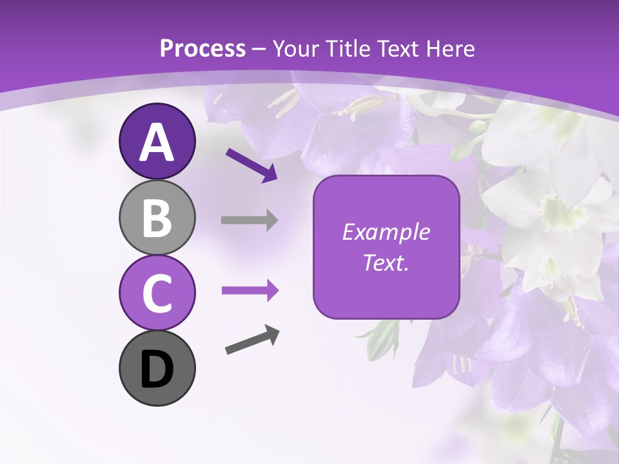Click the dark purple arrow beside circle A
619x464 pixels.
(251, 164)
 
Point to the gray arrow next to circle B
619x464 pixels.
(250, 220)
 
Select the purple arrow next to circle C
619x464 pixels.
(250, 291)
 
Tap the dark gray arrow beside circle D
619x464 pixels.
(253, 340)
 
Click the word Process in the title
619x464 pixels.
(202, 49)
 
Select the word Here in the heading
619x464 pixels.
(451, 49)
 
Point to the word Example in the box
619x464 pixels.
(386, 232)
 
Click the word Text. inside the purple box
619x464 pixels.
(386, 262)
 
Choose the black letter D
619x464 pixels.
(157, 371)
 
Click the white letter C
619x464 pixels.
(157, 293)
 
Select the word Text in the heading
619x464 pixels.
(402, 49)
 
